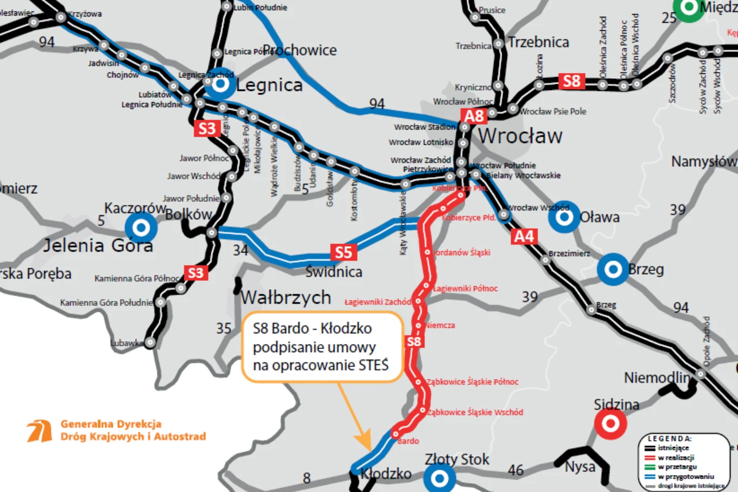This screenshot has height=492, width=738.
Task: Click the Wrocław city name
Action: [520, 136]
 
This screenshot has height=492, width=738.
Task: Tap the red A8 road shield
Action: [474, 116]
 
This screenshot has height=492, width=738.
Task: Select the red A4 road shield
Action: [524, 237]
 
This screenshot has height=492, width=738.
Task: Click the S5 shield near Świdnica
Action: [343, 252]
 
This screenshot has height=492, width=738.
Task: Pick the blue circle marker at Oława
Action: [564, 217]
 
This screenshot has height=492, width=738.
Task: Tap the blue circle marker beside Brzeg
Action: [613, 269]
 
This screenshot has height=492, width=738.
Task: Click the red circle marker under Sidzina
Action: [610, 423]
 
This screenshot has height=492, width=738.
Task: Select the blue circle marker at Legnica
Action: [220, 84]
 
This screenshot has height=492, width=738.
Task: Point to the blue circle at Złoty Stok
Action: [439, 478]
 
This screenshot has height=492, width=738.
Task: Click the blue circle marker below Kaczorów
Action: [141, 227]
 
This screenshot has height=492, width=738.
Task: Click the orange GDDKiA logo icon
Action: [39, 430]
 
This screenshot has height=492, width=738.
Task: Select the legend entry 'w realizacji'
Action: [675, 457]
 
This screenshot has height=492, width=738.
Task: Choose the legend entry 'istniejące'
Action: [673, 448]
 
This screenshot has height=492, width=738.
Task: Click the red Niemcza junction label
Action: [440, 325]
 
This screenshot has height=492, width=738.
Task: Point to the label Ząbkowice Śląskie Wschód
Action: [475, 412]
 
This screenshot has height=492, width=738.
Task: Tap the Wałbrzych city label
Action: [285, 297]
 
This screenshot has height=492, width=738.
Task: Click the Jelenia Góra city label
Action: [98, 246]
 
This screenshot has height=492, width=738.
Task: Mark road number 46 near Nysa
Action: [516, 470]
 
